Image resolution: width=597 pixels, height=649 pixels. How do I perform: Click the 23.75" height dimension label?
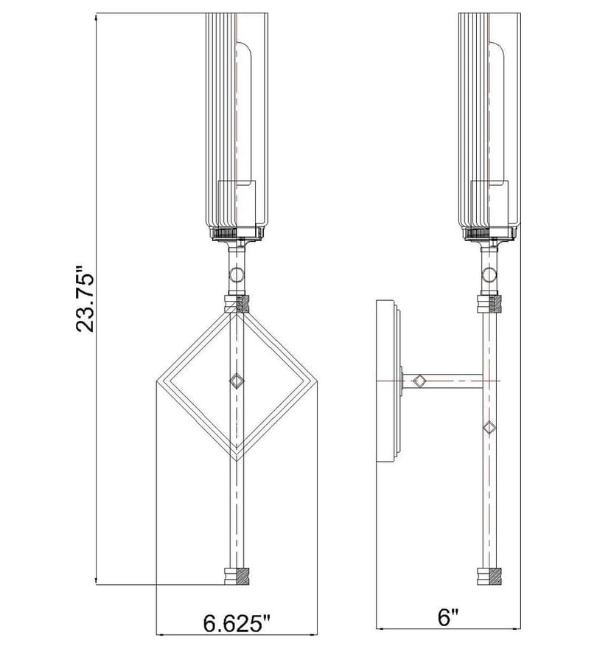(x=85, y=299)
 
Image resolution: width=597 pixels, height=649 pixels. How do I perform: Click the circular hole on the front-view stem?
(x=237, y=274)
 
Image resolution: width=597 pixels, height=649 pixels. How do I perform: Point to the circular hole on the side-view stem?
(x=489, y=274)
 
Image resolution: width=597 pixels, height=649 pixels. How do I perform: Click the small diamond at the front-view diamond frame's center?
(x=237, y=381)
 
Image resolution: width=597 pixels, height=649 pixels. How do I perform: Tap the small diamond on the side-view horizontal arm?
(x=420, y=381)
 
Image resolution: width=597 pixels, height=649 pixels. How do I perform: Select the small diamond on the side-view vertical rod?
(x=489, y=427)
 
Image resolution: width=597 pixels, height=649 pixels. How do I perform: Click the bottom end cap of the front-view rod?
(x=237, y=576)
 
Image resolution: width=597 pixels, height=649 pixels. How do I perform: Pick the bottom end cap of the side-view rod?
(x=489, y=576)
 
